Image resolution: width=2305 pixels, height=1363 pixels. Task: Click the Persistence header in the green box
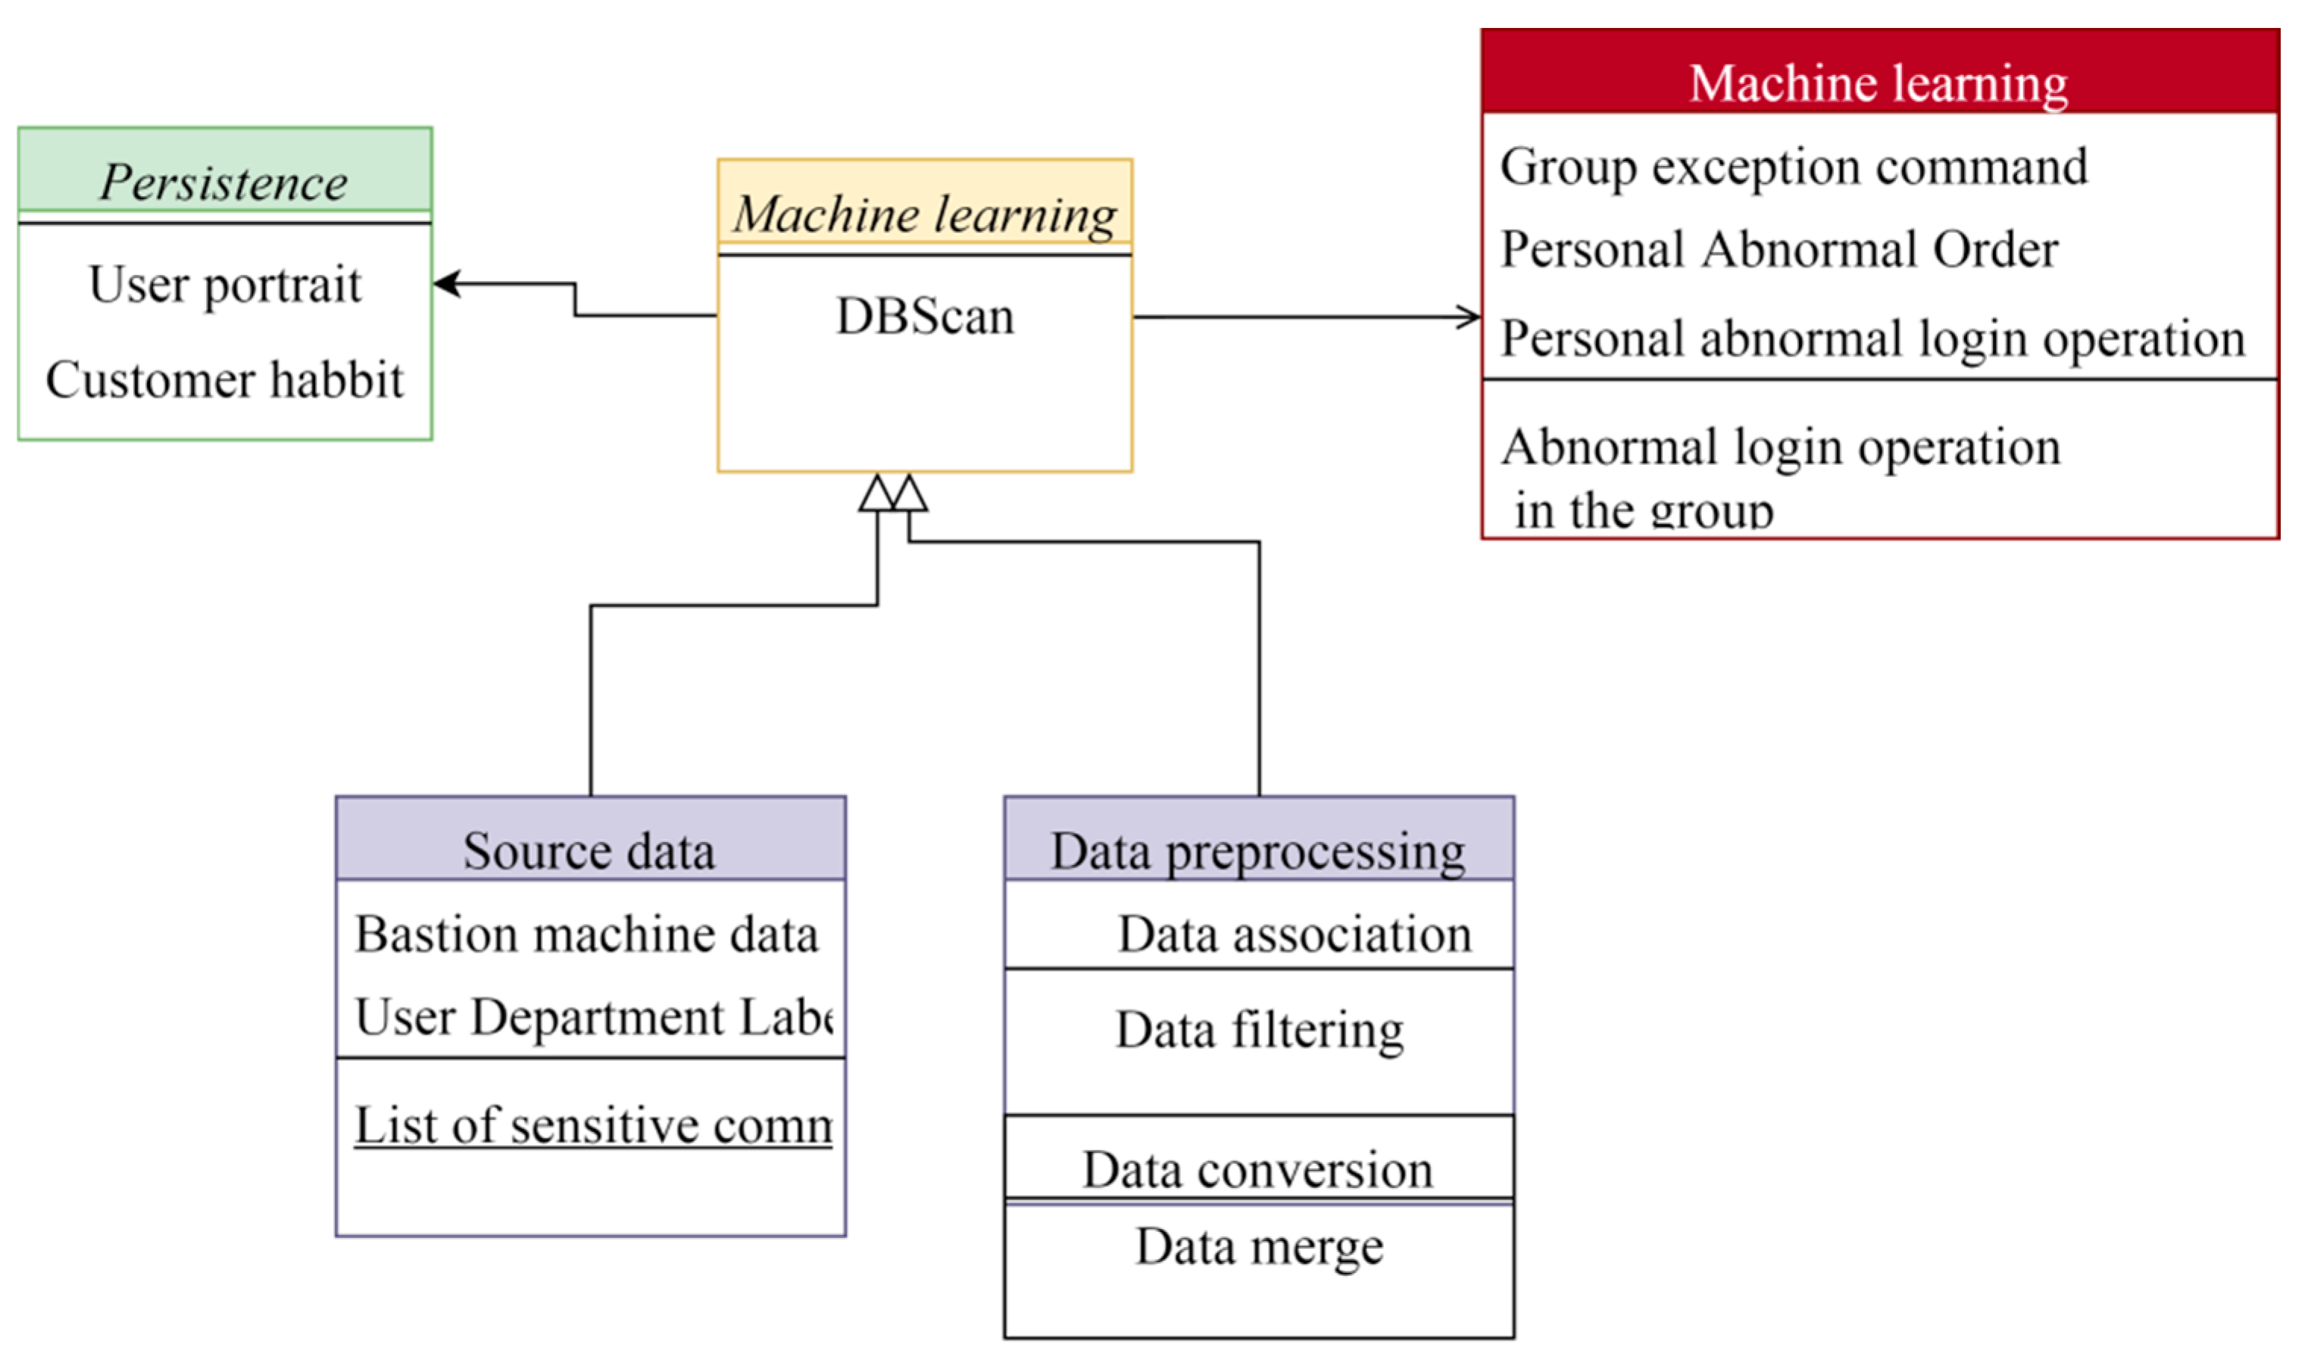pyautogui.click(x=224, y=182)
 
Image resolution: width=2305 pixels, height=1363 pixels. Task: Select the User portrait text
pyautogui.click(x=225, y=284)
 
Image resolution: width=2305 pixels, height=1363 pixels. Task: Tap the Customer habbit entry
pyautogui.click(x=225, y=379)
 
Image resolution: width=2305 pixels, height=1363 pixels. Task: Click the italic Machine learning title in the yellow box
pyautogui.click(x=924, y=215)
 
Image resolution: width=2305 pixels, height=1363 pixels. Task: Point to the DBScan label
pyautogui.click(x=924, y=316)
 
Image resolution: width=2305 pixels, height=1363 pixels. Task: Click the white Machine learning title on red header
pyautogui.click(x=1878, y=83)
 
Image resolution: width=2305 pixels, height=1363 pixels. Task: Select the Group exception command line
pyautogui.click(x=1793, y=167)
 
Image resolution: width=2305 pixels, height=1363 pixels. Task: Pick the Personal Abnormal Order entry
pyautogui.click(x=1779, y=249)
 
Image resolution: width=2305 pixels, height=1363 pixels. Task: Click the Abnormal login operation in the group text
pyautogui.click(x=1780, y=477)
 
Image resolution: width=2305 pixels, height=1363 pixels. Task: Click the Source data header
pyautogui.click(x=589, y=850)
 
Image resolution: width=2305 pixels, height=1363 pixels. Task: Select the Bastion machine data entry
pyautogui.click(x=586, y=935)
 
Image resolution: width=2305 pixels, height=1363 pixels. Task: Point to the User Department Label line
pyautogui.click(x=593, y=1017)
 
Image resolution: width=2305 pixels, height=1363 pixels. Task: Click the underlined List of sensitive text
pyautogui.click(x=593, y=1124)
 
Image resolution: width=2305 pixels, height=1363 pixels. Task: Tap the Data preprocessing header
pyautogui.click(x=1257, y=851)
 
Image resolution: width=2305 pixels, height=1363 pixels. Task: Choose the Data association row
pyautogui.click(x=1294, y=935)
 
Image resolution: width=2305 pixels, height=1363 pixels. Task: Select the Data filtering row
pyautogui.click(x=1259, y=1030)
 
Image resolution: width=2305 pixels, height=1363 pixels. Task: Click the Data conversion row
pyautogui.click(x=1257, y=1169)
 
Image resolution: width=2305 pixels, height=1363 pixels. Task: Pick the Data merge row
pyautogui.click(x=1259, y=1246)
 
